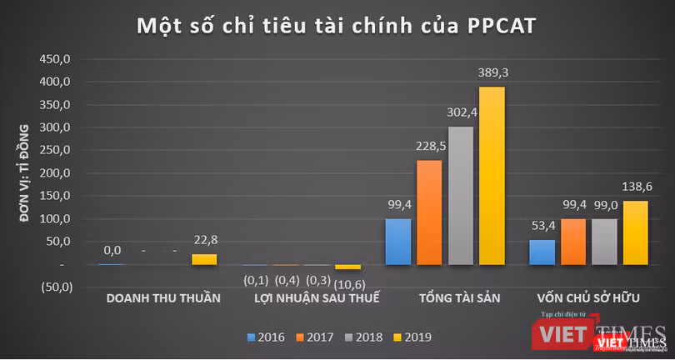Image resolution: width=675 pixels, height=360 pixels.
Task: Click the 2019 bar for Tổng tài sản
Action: click(x=492, y=176)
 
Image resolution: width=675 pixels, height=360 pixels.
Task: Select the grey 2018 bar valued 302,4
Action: click(x=461, y=196)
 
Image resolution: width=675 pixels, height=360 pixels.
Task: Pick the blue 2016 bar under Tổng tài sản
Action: click(x=398, y=242)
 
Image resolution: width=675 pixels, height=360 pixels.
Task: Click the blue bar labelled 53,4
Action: click(x=543, y=252)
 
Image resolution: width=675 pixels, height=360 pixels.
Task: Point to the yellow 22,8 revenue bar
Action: click(x=204, y=259)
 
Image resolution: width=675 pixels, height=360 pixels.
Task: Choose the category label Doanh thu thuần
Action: click(x=163, y=298)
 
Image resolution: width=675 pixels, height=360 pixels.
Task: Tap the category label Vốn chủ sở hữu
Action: click(x=588, y=298)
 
